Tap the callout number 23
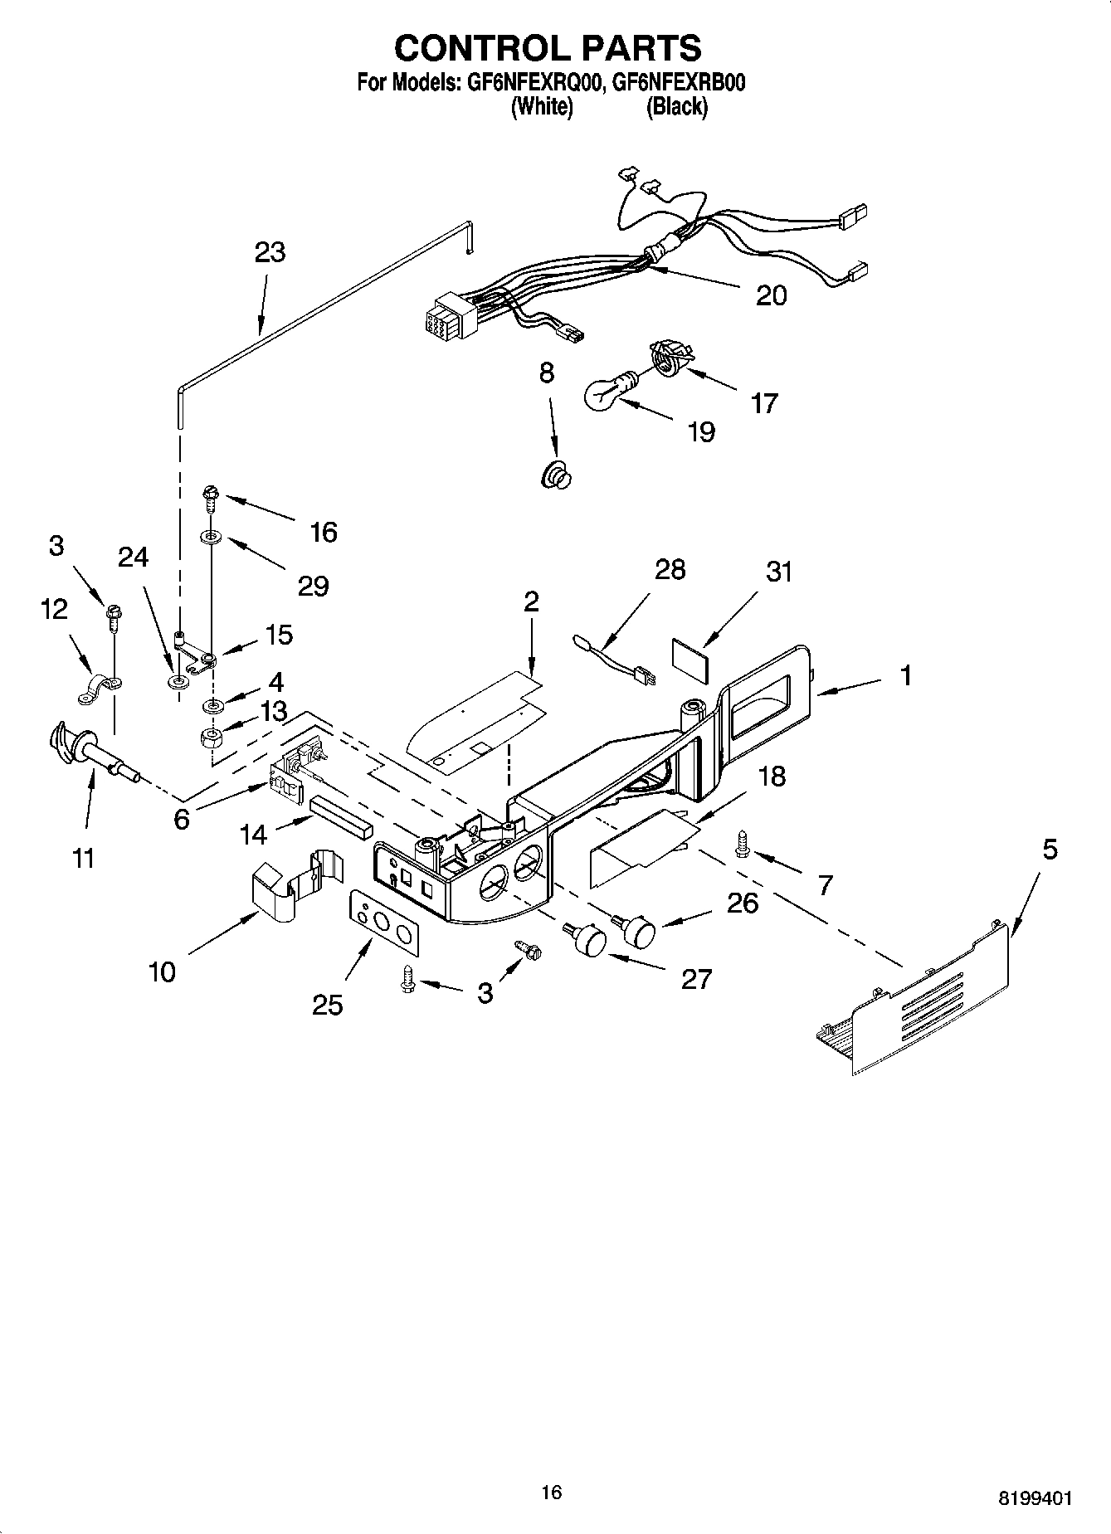270,252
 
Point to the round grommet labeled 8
557,477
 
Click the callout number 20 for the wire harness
771,295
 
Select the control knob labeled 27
587,941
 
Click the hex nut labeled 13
213,736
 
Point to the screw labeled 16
209,500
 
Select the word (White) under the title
541,107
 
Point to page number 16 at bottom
551,1492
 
